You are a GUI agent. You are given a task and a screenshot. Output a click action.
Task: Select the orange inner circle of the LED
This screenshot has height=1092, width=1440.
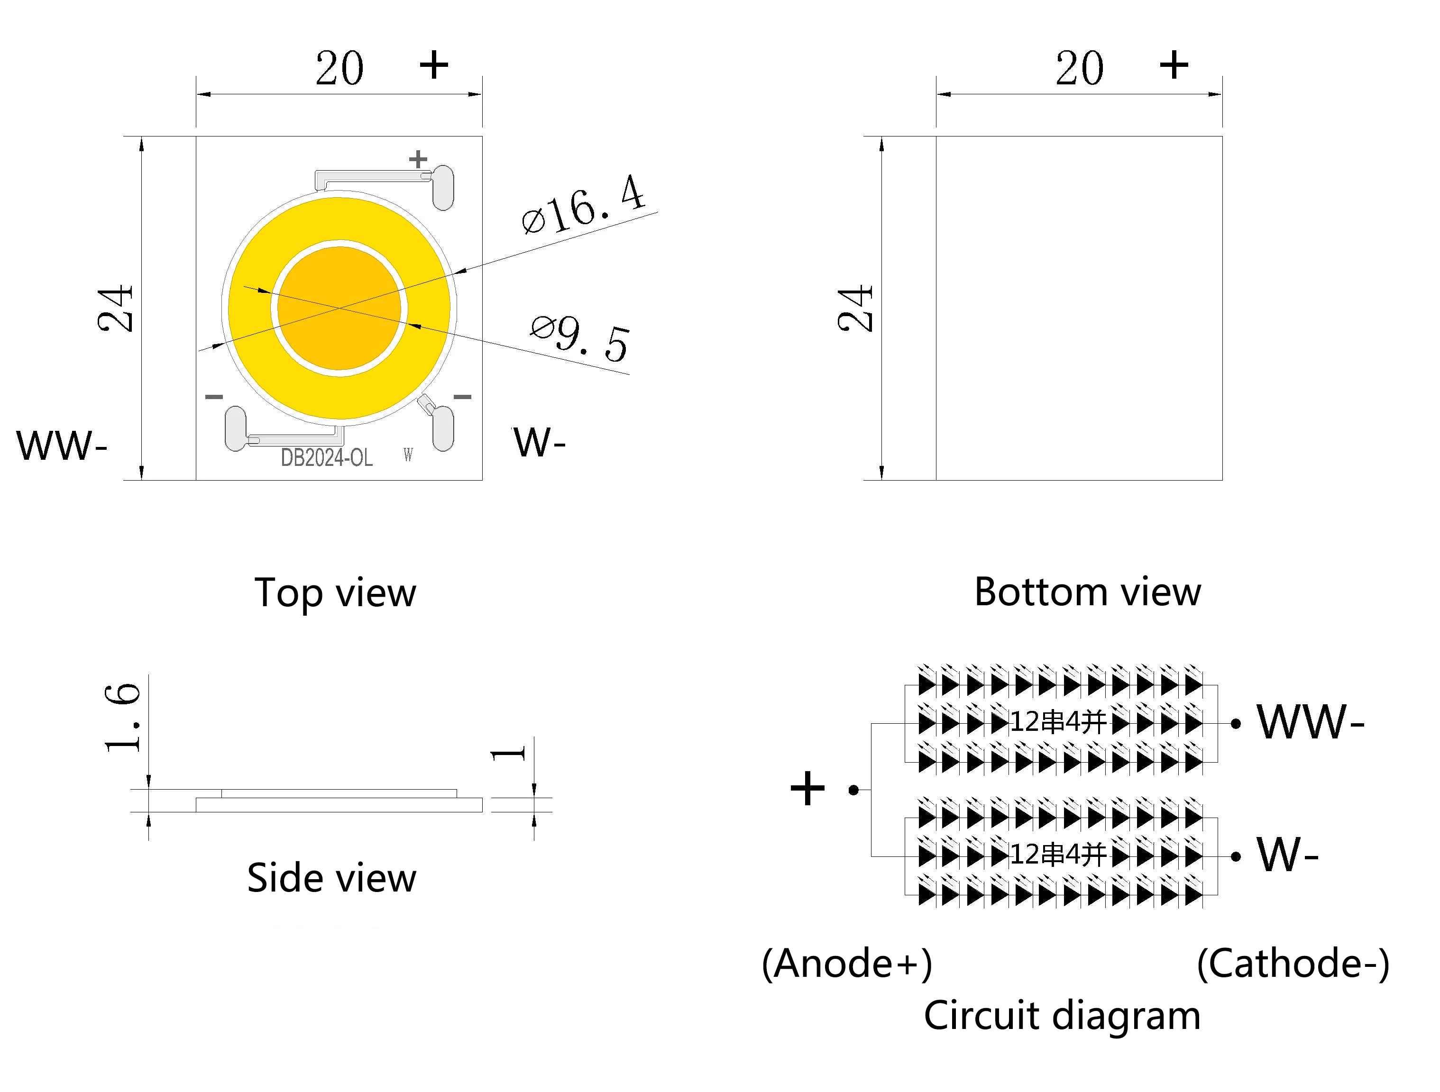click(x=339, y=308)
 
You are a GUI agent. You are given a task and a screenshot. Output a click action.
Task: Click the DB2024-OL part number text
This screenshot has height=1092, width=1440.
click(x=327, y=458)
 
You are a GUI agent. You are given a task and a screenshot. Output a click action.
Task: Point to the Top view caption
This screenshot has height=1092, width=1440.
click(x=335, y=593)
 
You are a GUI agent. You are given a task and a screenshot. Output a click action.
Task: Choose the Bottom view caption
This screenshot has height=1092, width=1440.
click(x=1087, y=592)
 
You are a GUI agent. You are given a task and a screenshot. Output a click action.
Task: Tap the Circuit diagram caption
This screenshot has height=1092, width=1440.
click(x=1062, y=1015)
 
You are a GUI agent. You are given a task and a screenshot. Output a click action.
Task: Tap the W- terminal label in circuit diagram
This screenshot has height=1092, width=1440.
click(x=1288, y=855)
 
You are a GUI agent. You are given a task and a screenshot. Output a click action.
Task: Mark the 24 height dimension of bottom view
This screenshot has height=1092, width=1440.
click(x=855, y=309)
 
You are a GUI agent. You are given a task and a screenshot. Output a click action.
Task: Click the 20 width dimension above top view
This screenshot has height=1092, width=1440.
click(x=339, y=68)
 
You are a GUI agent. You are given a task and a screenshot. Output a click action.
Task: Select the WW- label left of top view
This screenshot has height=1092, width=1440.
click(x=62, y=446)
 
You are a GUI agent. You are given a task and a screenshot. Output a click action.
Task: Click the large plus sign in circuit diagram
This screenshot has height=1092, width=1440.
click(x=807, y=790)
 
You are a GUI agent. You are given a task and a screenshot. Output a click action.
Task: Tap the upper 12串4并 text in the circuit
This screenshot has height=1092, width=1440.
click(x=1058, y=722)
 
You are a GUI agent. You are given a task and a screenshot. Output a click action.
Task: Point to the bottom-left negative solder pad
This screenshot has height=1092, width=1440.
click(x=235, y=428)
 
